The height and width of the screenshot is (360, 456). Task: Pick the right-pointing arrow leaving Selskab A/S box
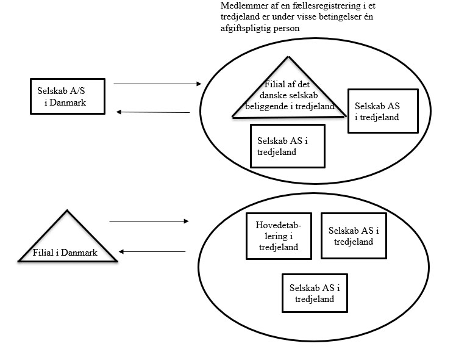coord(157,84)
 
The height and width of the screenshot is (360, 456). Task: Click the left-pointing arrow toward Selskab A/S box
coord(153,112)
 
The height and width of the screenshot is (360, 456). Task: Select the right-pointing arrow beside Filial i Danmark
coord(149,221)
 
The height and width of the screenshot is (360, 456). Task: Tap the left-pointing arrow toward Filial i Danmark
coord(152,251)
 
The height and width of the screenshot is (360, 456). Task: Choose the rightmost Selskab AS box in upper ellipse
coord(382,111)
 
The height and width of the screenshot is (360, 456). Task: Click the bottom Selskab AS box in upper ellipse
coord(287,146)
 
